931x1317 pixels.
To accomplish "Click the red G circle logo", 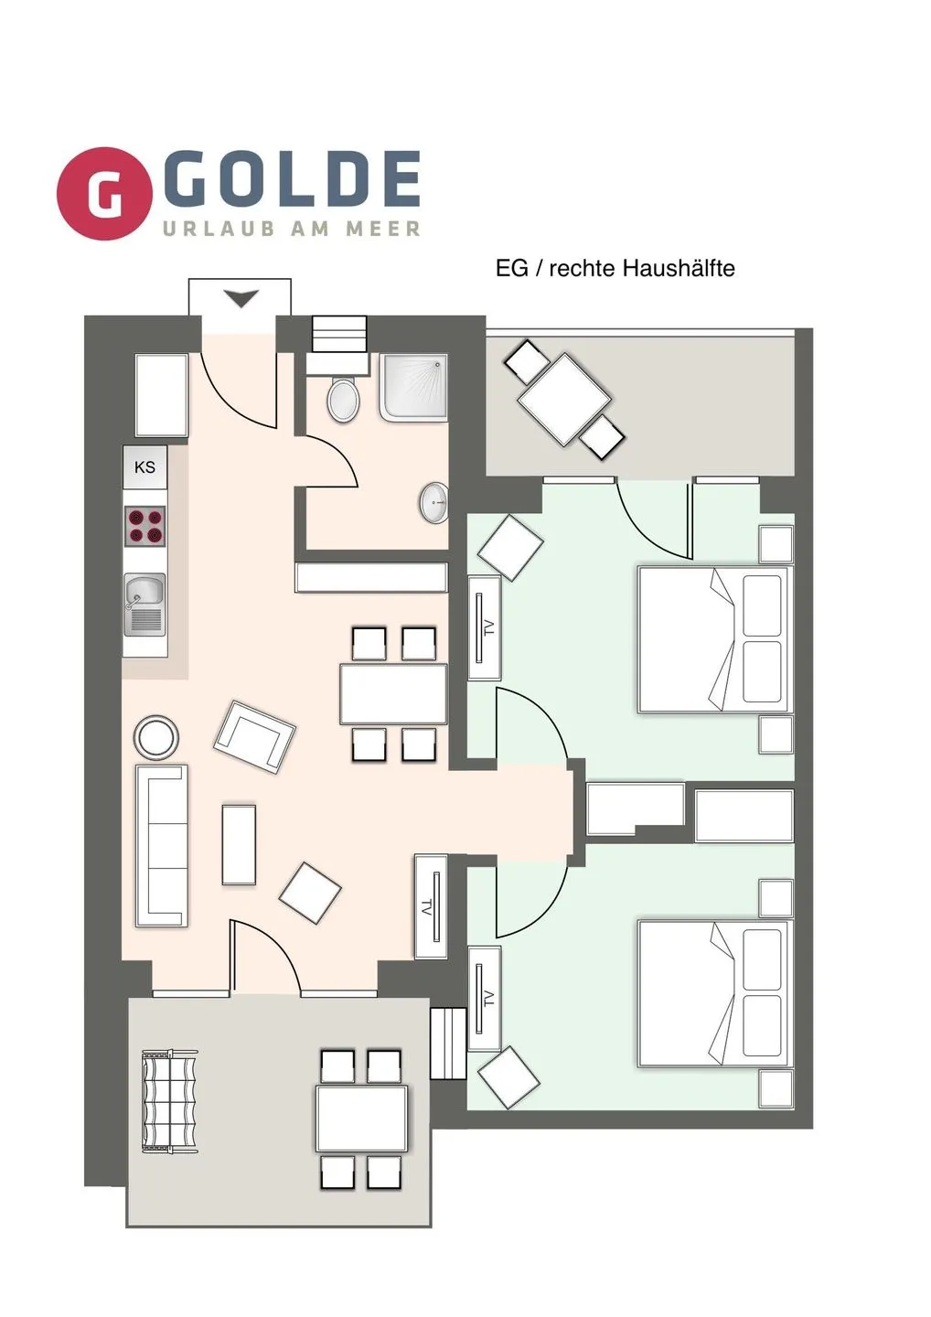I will point(104,193).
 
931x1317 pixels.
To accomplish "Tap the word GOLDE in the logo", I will point(292,179).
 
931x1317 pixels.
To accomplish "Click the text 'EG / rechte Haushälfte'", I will point(615,268).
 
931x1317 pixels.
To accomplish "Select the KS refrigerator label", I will point(144,467).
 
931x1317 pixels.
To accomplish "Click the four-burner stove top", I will point(144,526).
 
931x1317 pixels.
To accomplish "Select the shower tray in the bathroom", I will point(414,387).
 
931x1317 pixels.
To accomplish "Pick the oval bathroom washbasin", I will point(434,503).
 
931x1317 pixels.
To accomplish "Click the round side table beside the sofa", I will point(156,736).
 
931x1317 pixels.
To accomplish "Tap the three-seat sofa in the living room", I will point(162,845).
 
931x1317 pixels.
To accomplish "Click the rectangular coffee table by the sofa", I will point(239,843).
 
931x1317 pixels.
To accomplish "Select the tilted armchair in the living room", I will point(255,736).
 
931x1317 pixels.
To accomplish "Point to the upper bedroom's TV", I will point(484,627).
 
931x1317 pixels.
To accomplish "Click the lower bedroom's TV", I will point(484,998).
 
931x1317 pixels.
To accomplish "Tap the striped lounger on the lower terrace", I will point(170,1101).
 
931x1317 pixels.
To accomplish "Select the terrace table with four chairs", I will point(361,1119).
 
